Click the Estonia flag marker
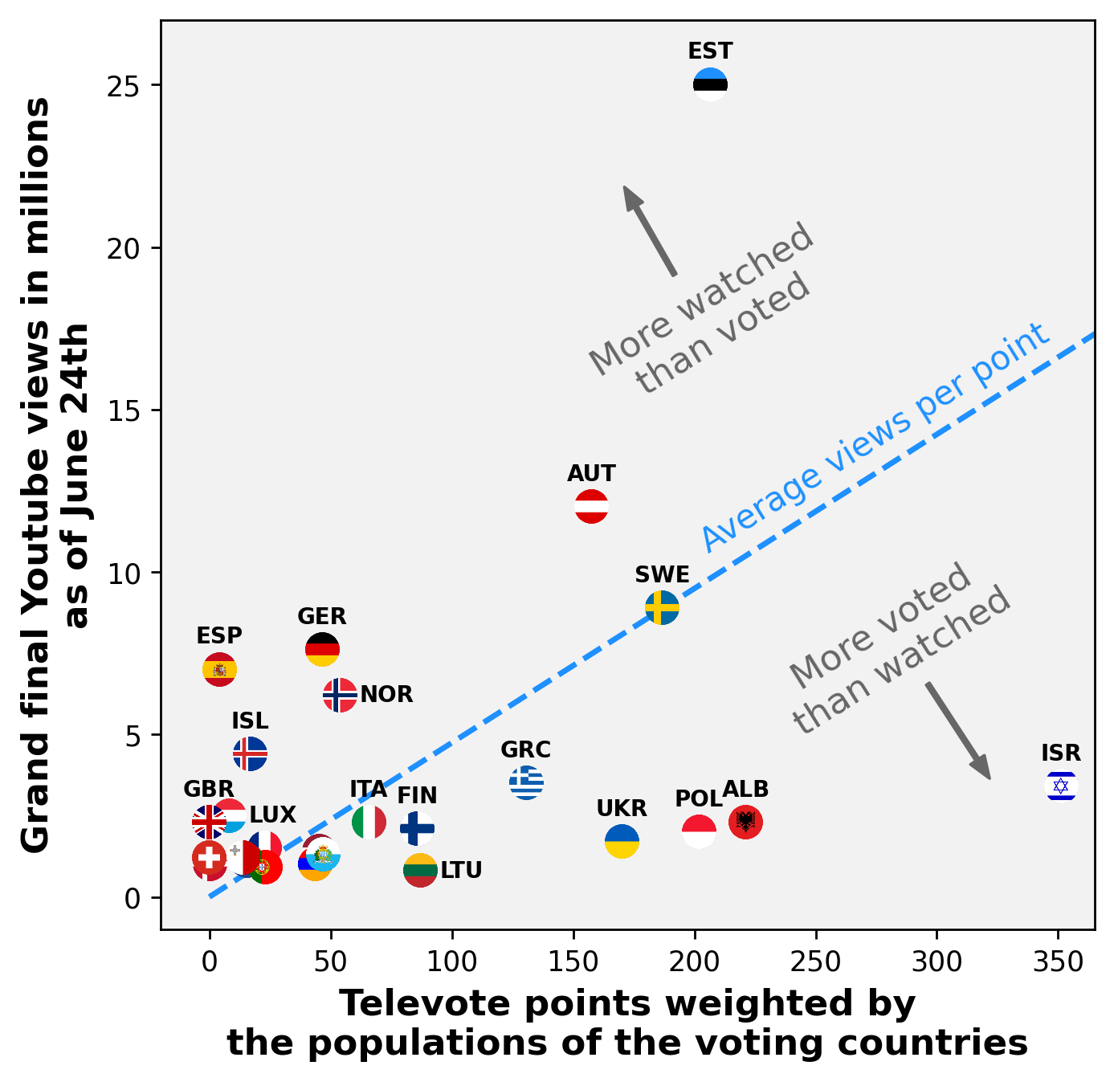point(710,84)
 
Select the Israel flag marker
point(1061,786)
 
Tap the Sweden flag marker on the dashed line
point(662,607)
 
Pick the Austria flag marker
point(592,507)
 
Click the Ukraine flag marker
point(622,841)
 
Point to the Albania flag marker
point(745,822)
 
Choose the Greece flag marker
point(526,782)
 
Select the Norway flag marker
point(340,695)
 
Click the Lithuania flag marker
point(420,870)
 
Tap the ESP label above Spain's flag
point(219,635)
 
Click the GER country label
point(321,616)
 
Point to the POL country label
point(698,798)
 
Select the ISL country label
point(250,721)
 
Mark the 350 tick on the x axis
point(1058,962)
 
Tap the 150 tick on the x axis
point(573,962)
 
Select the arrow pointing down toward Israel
point(957,731)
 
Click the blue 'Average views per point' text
point(875,438)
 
